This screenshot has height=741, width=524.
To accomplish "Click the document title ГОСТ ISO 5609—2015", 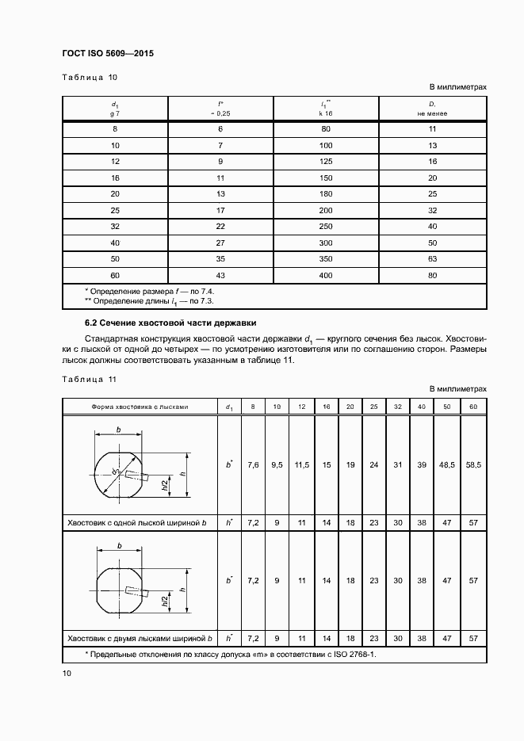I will tap(107, 53).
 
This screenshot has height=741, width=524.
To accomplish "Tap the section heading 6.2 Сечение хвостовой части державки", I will tap(170, 323).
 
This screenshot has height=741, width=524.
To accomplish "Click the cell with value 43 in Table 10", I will tap(221, 274).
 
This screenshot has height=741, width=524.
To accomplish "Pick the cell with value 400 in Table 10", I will tap(326, 274).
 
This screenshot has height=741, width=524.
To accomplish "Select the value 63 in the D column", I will tap(433, 258).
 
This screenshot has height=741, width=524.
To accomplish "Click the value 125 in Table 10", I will tap(326, 161).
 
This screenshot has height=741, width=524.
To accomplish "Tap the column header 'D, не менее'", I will tap(433, 109).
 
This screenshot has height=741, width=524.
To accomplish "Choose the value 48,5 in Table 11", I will tap(446, 465).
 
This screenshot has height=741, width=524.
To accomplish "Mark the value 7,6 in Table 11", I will tap(253, 465).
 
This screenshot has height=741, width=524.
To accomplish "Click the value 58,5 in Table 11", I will tap(473, 465).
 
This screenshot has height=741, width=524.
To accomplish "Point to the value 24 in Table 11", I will tap(373, 465).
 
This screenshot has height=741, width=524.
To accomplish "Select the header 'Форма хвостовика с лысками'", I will tap(140, 407).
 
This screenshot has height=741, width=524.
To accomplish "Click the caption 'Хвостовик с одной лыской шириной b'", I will tap(136, 523).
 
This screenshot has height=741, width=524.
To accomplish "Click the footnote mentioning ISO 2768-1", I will tap(230, 654).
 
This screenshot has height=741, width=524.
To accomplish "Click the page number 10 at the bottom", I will tap(67, 674).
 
